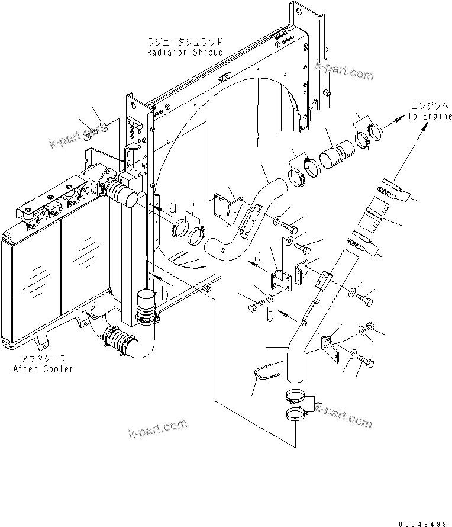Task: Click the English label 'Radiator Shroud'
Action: [x=185, y=52]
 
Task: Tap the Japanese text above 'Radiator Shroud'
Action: [x=185, y=42]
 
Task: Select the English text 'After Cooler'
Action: [x=43, y=369]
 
